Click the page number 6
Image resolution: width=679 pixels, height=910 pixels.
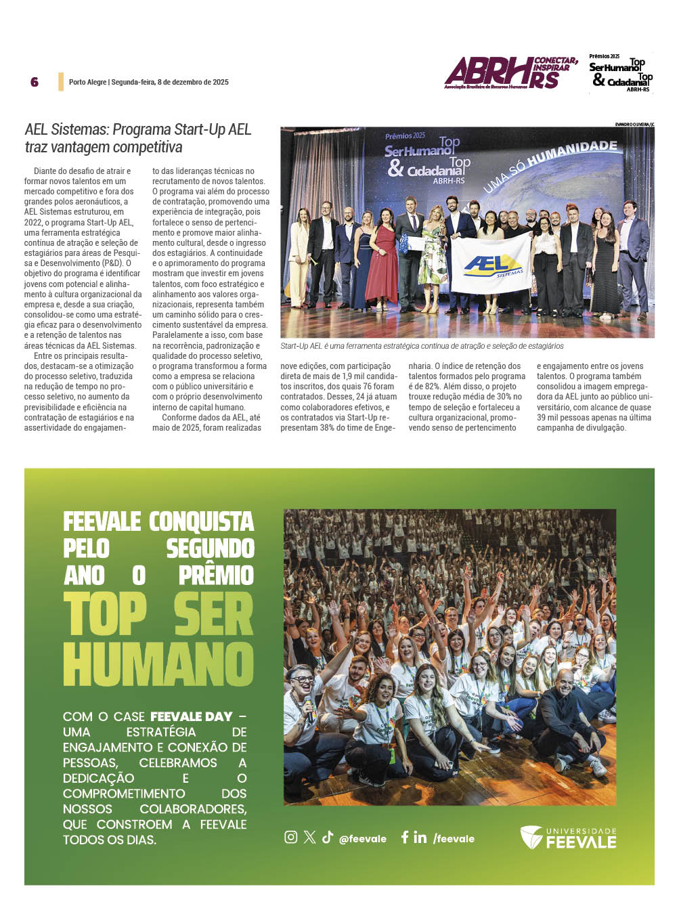(x=35, y=82)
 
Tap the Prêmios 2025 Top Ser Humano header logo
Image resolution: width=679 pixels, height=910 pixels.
(x=620, y=73)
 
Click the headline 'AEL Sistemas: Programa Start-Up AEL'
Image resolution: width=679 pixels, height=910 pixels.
(x=138, y=129)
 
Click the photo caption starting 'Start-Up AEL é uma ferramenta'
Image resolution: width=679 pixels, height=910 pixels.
(x=422, y=346)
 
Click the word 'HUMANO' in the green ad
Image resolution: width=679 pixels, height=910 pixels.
(x=158, y=664)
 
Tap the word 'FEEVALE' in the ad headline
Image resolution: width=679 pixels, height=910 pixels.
(x=102, y=522)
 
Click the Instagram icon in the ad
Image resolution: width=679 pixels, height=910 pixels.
(x=290, y=837)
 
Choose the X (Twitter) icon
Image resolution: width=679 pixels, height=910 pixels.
(x=309, y=837)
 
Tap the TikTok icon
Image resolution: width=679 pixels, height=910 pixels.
(x=328, y=837)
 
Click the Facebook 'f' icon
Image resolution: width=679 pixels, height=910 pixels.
(x=404, y=837)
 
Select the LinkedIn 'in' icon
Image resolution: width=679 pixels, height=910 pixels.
(x=420, y=838)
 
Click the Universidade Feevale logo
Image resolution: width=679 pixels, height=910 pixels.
(x=568, y=838)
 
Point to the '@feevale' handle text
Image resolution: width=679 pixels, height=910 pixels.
(x=363, y=839)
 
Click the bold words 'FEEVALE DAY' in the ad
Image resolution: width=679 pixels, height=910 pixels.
(x=191, y=716)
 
